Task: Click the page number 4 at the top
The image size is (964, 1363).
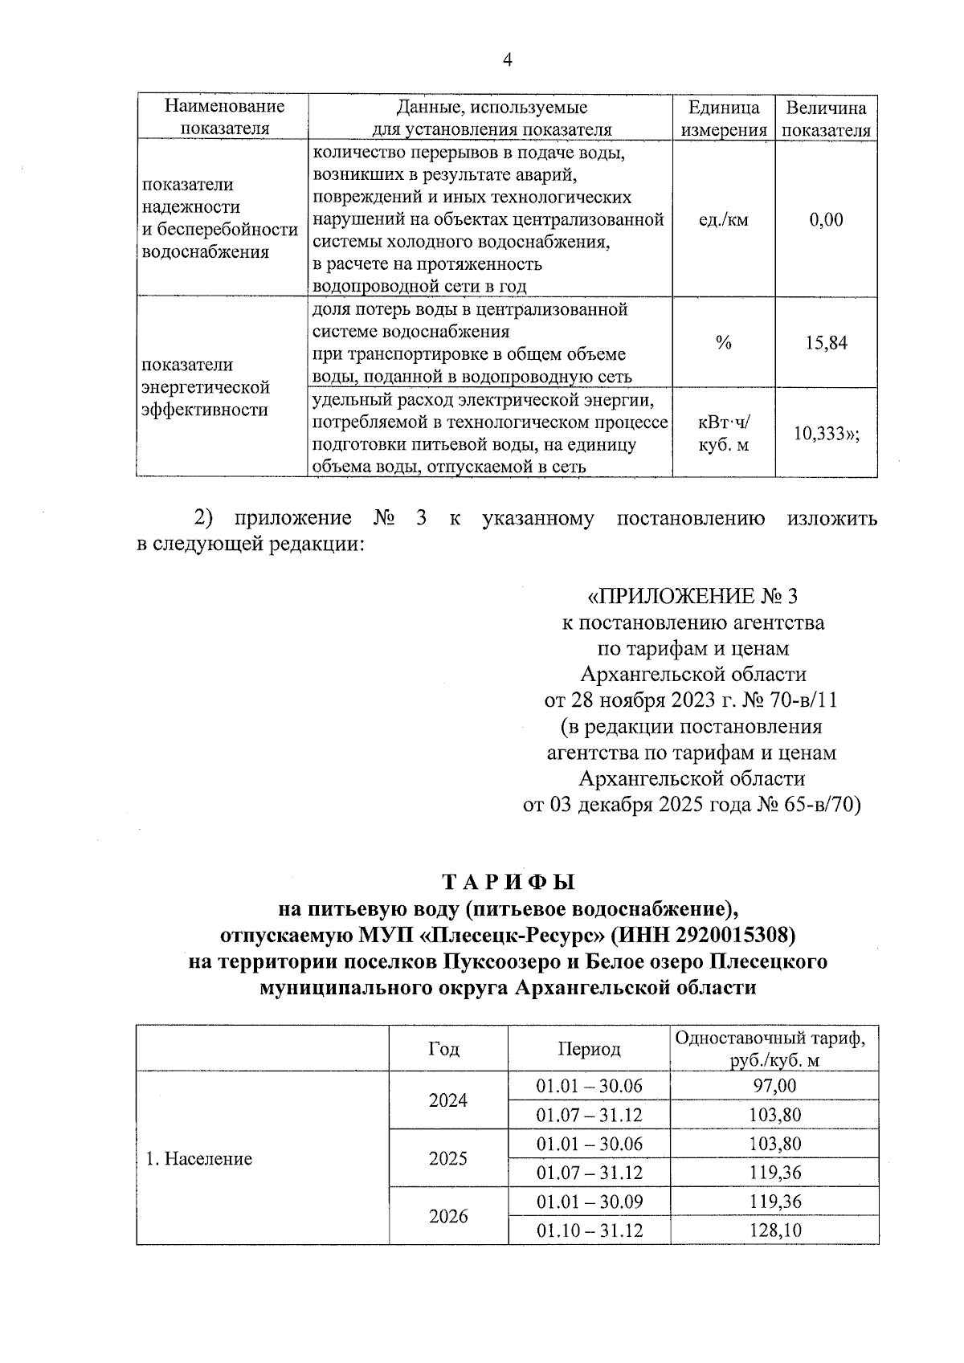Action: (x=507, y=60)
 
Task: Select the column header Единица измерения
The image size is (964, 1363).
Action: (x=724, y=118)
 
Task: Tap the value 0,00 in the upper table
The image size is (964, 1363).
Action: (x=827, y=218)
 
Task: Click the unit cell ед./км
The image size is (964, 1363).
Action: (x=724, y=218)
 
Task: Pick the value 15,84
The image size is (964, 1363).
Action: (x=827, y=343)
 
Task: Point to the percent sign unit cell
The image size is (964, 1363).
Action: (x=724, y=343)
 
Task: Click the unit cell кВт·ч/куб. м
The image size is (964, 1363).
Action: (x=724, y=433)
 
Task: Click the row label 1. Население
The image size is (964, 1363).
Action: (x=198, y=1158)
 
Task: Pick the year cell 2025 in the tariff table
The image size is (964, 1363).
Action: (x=447, y=1158)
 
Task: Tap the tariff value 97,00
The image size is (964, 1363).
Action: (x=774, y=1086)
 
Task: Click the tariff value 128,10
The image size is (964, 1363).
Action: (x=774, y=1230)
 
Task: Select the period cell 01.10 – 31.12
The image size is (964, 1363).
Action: (x=590, y=1230)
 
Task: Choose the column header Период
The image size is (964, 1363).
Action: (x=590, y=1049)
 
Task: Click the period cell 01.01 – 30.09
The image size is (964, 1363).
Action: (x=590, y=1202)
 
